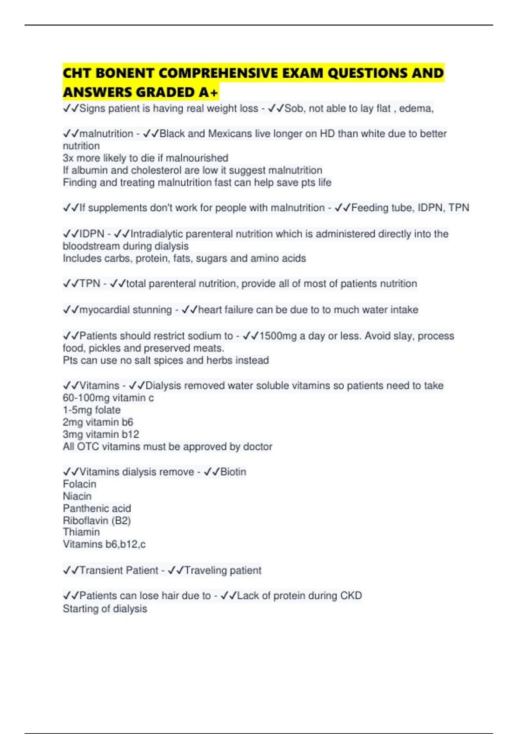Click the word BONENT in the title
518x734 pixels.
(125, 73)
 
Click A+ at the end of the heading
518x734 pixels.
(209, 92)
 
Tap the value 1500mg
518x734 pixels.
(278, 336)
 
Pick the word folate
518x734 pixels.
(107, 410)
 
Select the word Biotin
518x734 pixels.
(233, 472)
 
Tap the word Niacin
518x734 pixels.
(77, 496)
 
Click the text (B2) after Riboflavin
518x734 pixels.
(121, 520)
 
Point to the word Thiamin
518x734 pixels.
(81, 532)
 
